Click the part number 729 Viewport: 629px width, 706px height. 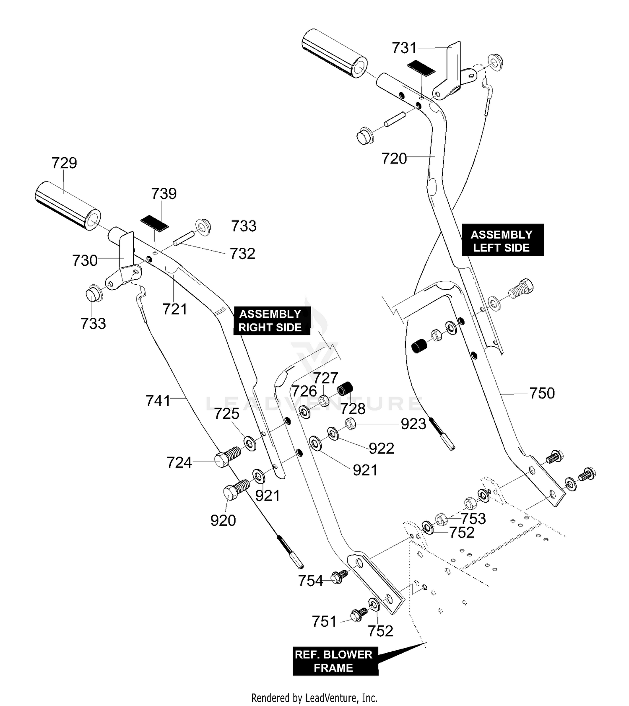(x=64, y=163)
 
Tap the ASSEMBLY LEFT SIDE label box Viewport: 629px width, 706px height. (x=502, y=240)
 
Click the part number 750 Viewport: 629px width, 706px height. (x=542, y=393)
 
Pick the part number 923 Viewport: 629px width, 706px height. (x=413, y=424)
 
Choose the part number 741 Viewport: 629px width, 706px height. (x=158, y=401)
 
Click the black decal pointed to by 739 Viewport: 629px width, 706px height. (x=154, y=223)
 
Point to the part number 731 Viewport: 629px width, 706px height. (x=405, y=48)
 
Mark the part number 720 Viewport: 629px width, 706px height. (x=394, y=159)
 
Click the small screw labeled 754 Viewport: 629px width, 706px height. (x=339, y=576)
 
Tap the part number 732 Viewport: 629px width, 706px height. (x=242, y=254)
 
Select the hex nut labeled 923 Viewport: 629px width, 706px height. (x=351, y=423)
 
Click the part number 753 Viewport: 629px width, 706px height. (x=473, y=519)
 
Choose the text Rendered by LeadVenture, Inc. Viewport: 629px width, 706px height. (x=314, y=698)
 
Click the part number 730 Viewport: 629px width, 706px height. (x=85, y=261)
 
